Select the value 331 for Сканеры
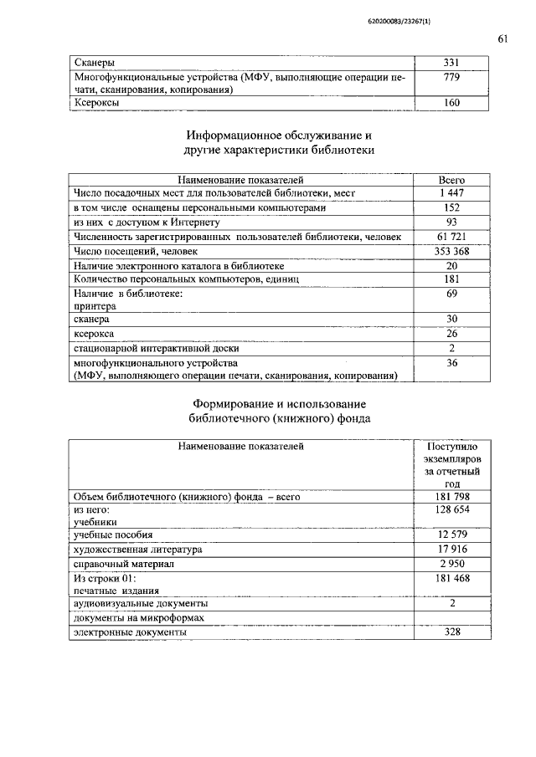click(x=451, y=63)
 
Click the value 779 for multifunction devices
click(x=451, y=77)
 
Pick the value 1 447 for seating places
click(x=451, y=193)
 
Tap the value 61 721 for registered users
click(x=451, y=237)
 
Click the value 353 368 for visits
click(x=451, y=251)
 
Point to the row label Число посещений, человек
click(x=136, y=251)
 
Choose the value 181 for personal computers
click(x=451, y=279)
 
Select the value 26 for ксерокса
click(x=451, y=334)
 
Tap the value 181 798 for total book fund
click(x=451, y=497)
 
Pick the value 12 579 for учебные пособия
click(x=451, y=535)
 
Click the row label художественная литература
click(x=137, y=550)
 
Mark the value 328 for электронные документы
click(x=451, y=632)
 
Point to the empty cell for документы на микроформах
click(x=451, y=618)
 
